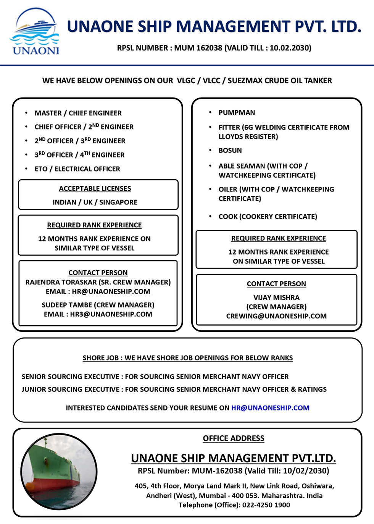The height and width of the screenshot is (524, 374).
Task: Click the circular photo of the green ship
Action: click(59, 471)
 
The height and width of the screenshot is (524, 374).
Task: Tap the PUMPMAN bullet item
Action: click(237, 113)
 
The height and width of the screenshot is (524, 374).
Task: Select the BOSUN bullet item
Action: click(230, 151)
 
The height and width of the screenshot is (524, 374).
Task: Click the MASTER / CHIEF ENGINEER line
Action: click(78, 113)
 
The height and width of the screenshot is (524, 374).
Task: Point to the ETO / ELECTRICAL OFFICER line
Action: click(77, 169)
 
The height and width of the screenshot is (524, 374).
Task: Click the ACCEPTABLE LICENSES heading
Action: click(95, 189)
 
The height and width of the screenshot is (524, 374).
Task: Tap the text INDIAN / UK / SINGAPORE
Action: click(95, 202)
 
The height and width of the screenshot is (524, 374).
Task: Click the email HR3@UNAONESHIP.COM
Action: click(111, 314)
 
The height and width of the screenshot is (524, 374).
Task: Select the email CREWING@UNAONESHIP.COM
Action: click(276, 316)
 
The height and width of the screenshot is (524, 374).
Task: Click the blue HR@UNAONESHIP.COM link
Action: click(270, 408)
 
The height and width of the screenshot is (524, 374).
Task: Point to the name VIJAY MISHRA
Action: click(276, 297)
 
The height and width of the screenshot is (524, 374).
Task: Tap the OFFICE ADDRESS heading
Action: click(234, 438)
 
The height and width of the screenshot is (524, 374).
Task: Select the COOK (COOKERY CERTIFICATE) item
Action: click(268, 217)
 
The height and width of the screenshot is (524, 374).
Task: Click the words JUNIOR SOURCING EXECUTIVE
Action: click(70, 389)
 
